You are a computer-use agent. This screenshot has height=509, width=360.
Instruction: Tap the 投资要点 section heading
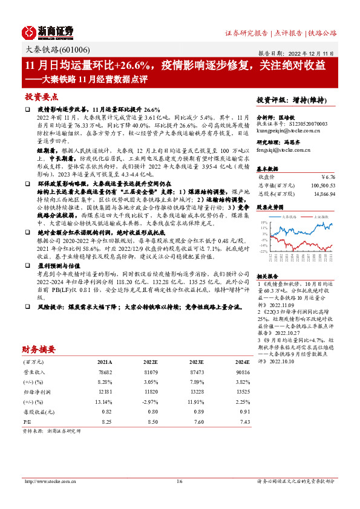point(42,96)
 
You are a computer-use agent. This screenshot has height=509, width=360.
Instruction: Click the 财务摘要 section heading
point(39,349)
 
